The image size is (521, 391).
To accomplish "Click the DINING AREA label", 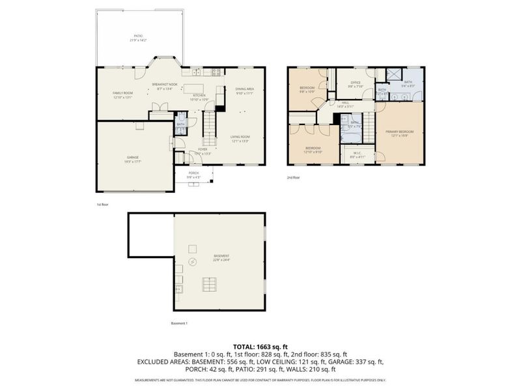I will [x=244, y=90].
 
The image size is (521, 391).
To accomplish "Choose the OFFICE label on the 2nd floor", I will [x=355, y=83].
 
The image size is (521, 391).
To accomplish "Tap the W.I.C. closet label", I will [x=358, y=156].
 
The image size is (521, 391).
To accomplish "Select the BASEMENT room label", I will [x=221, y=257].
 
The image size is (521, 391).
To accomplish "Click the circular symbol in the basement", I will [x=192, y=262].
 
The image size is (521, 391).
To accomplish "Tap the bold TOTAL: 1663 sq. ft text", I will [x=260, y=345].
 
